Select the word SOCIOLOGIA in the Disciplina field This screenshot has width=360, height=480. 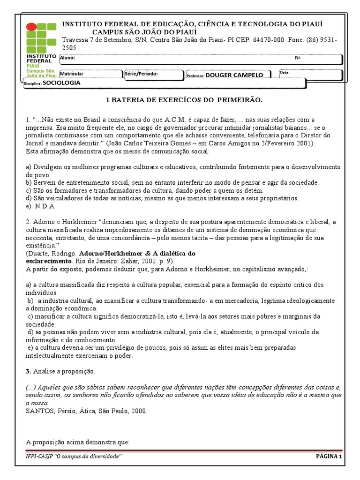coord(62,82)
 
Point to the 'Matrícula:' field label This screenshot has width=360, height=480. coord(71,74)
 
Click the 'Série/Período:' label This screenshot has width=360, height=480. coord(142,74)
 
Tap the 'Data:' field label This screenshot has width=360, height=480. coord(285,73)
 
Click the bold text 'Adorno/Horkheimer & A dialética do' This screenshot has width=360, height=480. coord(137,254)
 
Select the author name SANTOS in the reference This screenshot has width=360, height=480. coord(39,411)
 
